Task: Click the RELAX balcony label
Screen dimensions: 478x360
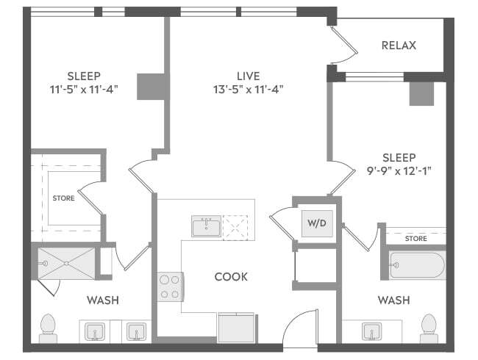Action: tap(399, 46)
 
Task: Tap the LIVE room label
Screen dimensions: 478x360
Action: tap(249, 76)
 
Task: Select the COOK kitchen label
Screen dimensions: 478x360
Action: tap(231, 276)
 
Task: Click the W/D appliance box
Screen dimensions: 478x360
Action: tap(317, 223)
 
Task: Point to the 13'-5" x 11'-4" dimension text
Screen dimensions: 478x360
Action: tap(248, 90)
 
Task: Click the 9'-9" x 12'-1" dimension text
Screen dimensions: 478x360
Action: tap(399, 171)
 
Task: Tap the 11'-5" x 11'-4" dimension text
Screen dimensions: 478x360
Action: tap(84, 90)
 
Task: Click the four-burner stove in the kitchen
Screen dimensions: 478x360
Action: tap(171, 287)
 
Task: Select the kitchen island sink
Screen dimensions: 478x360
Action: tap(207, 226)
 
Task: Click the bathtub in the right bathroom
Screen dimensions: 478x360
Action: tap(418, 265)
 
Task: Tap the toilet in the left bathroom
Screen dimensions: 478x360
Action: tap(48, 328)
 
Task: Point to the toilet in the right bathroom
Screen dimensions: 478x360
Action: tap(429, 328)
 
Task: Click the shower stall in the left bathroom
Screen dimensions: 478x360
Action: tap(66, 264)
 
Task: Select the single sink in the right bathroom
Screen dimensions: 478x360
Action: tap(372, 331)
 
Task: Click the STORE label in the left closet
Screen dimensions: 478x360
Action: tap(63, 198)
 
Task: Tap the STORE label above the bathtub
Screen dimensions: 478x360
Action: tap(415, 239)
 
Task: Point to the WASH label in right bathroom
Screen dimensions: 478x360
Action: tap(394, 300)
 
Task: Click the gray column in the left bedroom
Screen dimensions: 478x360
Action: tap(151, 87)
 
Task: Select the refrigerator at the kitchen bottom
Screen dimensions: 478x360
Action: tap(237, 328)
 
